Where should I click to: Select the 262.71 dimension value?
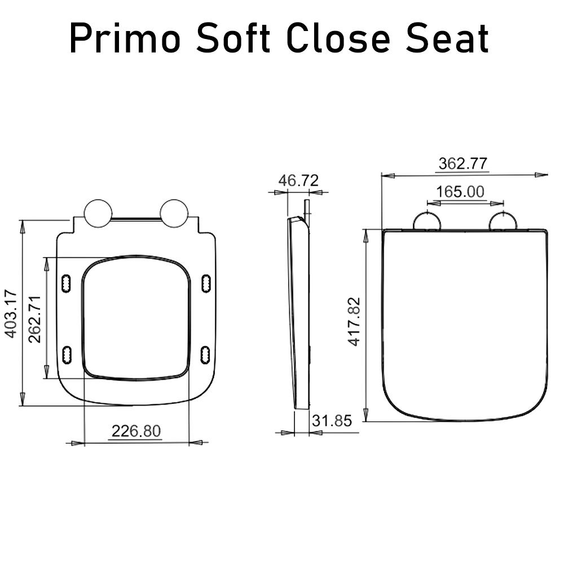coord(35,319)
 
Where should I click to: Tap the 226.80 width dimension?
coord(136,431)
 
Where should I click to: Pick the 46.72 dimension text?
coord(298,180)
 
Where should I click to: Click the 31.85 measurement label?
coord(332,420)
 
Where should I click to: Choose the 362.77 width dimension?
coord(463,164)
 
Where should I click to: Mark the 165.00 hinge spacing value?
coord(460,192)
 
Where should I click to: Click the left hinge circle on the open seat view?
coord(98,213)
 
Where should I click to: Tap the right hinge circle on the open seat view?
coord(174,213)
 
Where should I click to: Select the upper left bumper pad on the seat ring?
coord(66,283)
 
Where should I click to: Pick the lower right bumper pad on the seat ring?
coord(206,354)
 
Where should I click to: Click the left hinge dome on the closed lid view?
coord(427,222)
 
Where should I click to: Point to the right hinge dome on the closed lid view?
coord(503,222)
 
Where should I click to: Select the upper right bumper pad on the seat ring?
coord(206,283)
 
